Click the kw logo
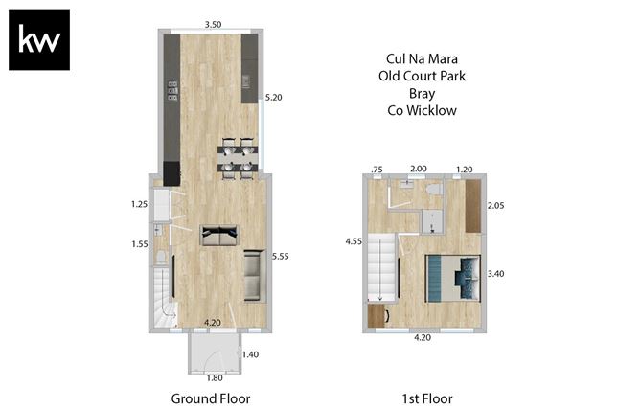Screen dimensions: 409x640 [39, 40]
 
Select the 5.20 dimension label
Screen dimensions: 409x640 [273, 97]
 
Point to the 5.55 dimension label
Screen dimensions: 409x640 [280, 256]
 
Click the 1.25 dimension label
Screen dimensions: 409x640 [139, 204]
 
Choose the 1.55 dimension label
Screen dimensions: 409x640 [139, 245]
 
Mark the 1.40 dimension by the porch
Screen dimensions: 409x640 [251, 354]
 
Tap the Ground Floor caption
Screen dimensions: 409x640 [210, 398]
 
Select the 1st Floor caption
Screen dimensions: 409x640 [426, 398]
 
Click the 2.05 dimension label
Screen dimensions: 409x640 [496, 205]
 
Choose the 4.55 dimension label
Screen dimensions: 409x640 [354, 242]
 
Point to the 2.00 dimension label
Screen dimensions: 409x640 [419, 169]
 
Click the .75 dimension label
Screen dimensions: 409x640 [377, 169]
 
